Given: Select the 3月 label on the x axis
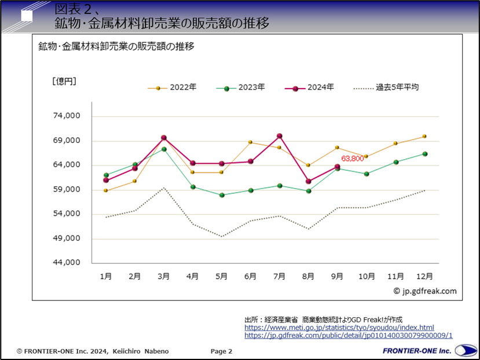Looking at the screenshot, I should click(x=164, y=277).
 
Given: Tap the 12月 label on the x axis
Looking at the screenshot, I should click(x=424, y=277).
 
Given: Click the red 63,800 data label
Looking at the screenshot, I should click(x=352, y=158).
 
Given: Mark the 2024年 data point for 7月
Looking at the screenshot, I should click(x=280, y=136).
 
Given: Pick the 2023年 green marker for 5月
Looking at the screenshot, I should click(x=222, y=195).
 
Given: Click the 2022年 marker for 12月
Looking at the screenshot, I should click(x=424, y=137).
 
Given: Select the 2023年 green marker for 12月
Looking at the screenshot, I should click(x=424, y=154).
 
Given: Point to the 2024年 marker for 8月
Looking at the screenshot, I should click(x=309, y=181).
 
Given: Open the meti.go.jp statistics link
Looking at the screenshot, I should click(x=339, y=328).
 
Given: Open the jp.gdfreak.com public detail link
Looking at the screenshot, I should click(x=348, y=335).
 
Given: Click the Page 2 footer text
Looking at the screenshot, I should click(x=221, y=351).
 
